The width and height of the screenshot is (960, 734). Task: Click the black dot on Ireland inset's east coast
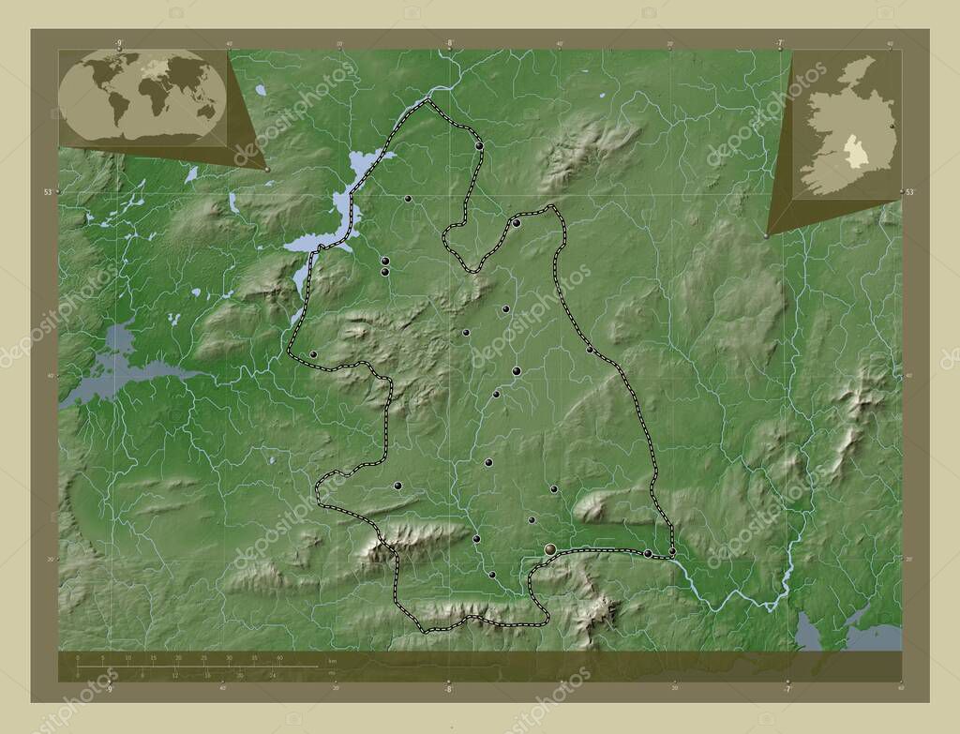[892, 125]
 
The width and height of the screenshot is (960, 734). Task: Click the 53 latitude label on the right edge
[909, 191]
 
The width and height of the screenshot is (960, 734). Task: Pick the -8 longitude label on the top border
[449, 42]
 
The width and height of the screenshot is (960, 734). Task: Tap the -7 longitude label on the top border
[779, 42]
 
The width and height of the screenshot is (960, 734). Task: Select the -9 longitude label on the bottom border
[110, 688]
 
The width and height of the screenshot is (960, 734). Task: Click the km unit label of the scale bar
[333, 662]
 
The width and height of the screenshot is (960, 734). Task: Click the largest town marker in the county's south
[550, 549]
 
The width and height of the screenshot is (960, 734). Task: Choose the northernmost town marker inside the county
[479, 146]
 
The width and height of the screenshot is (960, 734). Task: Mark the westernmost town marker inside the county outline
[313, 354]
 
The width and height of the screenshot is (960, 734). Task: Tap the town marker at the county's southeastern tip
[648, 554]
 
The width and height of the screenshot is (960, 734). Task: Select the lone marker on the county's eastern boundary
[590, 350]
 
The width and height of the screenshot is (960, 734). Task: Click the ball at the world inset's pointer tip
[267, 170]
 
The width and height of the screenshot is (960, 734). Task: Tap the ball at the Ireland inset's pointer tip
[766, 236]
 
